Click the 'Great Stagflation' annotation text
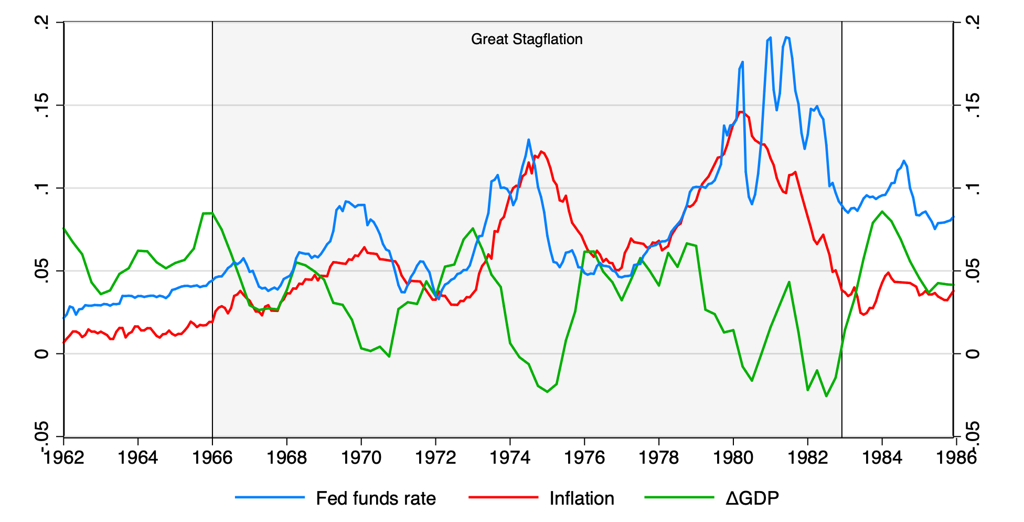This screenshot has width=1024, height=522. tap(527, 39)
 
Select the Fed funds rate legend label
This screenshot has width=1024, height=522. tap(376, 498)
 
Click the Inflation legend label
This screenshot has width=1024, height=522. tap(582, 498)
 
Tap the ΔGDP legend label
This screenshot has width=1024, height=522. tap(752, 498)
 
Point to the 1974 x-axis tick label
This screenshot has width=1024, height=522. tap(510, 457)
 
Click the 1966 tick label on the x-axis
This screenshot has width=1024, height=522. tap(212, 457)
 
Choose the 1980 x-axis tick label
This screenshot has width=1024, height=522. tap(733, 457)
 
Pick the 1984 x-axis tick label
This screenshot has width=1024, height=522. tap(882, 457)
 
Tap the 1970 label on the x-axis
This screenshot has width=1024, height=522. tap(361, 457)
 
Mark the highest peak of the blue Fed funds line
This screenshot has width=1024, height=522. tap(786, 37)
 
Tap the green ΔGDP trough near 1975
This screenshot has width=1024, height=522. tap(547, 392)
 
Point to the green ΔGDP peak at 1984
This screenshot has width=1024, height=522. tap(882, 211)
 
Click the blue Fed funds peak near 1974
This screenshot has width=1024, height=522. tap(528, 140)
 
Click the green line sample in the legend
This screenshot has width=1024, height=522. tap(679, 497)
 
